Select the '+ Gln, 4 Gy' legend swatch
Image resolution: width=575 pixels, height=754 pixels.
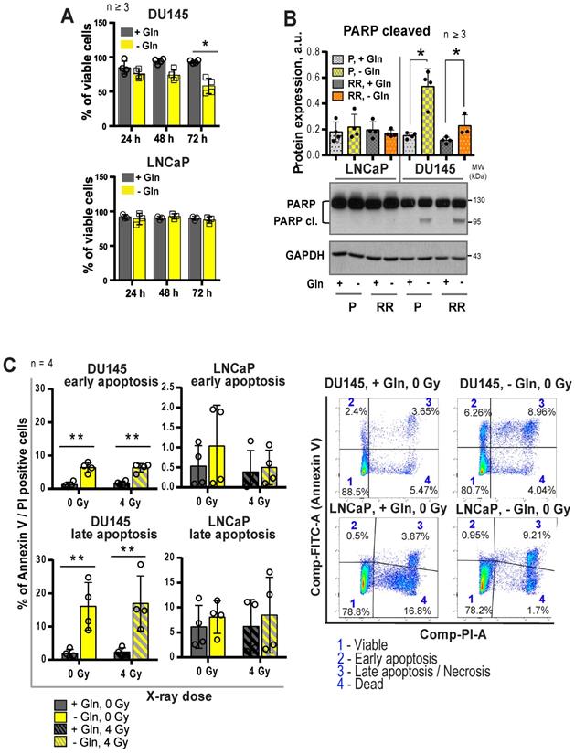click(59, 728)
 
